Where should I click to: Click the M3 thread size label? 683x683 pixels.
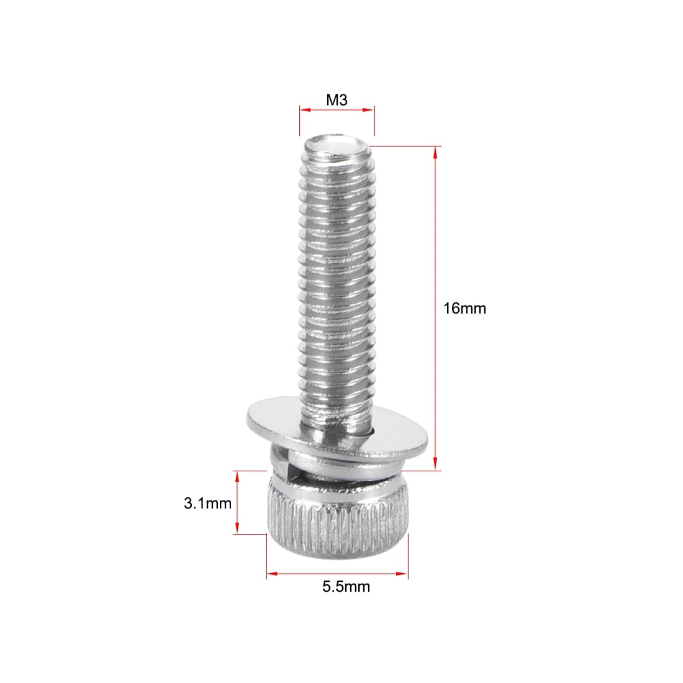coord(337,100)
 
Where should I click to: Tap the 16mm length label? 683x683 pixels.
coord(464,309)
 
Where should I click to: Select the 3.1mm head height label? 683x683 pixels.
coord(207,504)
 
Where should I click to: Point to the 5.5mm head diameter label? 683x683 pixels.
coord(346,587)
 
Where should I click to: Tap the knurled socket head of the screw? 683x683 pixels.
coord(338,518)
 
